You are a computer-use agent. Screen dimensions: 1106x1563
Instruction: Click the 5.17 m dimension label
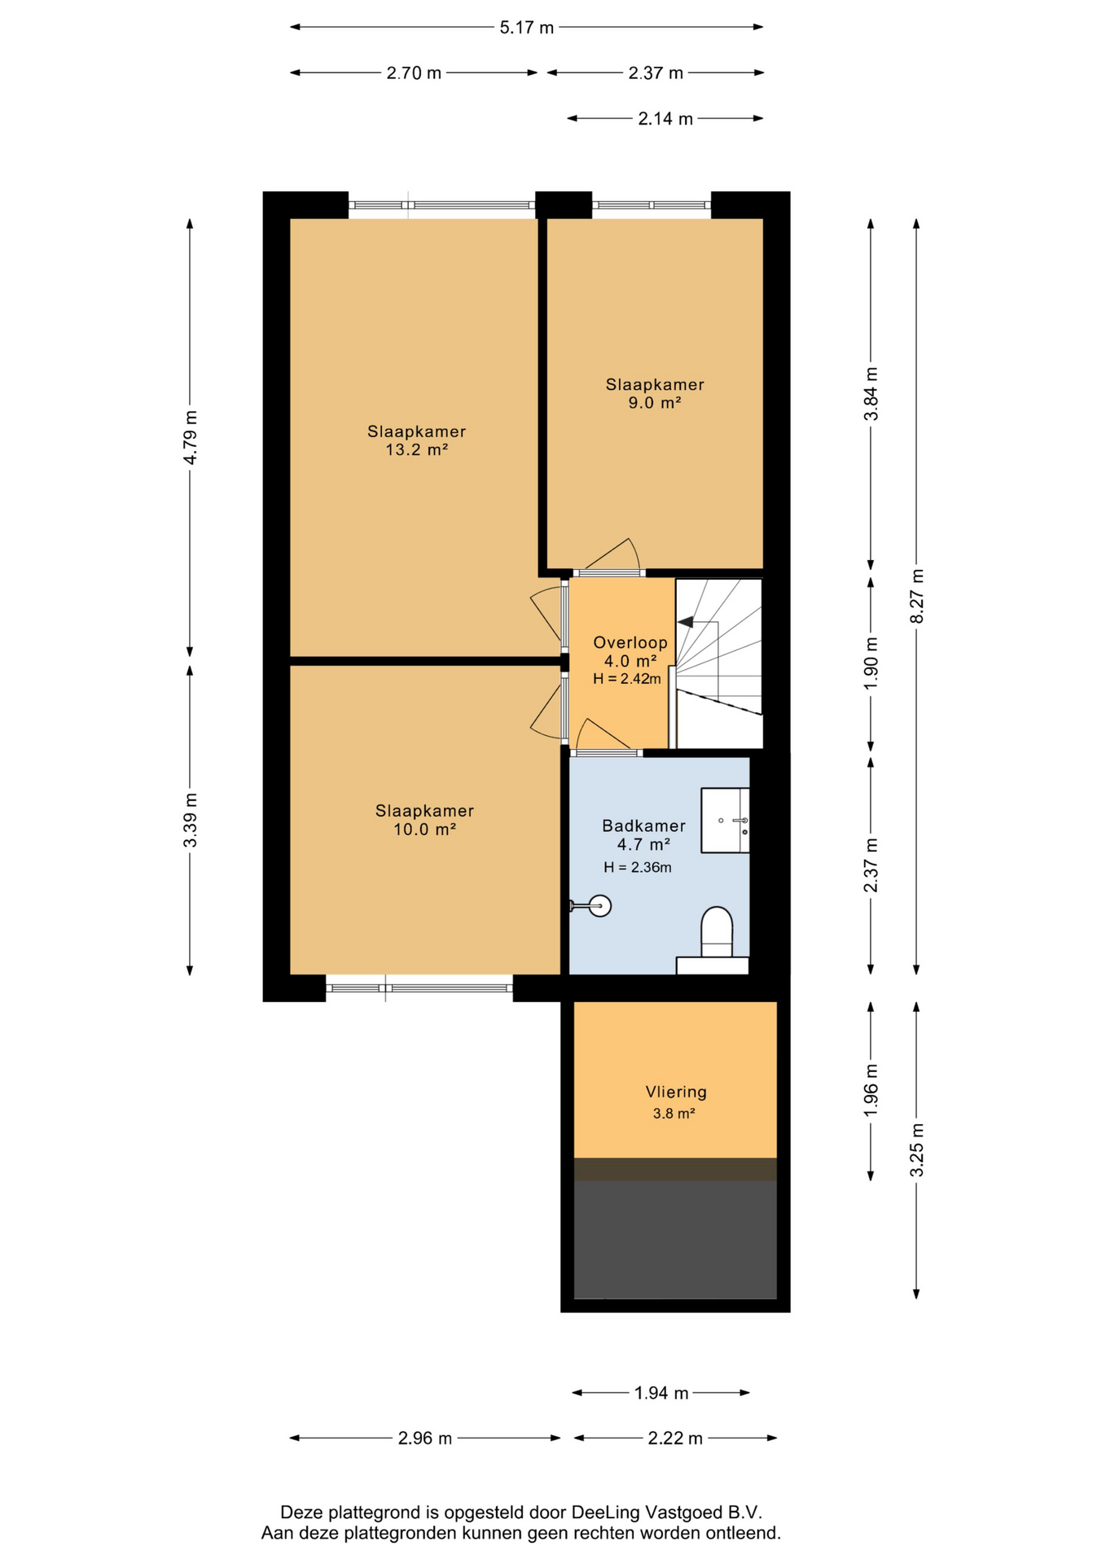coord(526,28)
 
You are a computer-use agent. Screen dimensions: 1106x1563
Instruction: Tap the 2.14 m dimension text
coord(665,119)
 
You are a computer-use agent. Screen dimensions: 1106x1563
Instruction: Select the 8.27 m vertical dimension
coord(916,597)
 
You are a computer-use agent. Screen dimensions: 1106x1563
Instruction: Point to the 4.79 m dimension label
coord(190,437)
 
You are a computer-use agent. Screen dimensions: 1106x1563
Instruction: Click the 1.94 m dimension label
coord(661,1393)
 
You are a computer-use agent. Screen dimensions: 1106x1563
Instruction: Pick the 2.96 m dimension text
coord(424,1438)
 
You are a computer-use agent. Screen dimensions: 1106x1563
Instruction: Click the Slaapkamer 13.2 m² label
coord(416,440)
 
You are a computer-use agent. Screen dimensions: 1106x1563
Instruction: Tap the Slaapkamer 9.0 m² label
coord(655,393)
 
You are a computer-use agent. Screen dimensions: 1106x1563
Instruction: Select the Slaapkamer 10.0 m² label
coord(424,820)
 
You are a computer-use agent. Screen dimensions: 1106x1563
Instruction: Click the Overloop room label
coord(630,642)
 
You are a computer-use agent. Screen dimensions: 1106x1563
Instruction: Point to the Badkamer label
coord(643,825)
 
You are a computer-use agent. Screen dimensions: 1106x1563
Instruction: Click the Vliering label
coord(676,1092)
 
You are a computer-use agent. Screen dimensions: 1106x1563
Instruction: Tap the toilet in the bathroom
coord(717,932)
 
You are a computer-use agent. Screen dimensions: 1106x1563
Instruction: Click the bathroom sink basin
coord(725,820)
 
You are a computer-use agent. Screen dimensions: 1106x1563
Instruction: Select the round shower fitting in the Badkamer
coord(600,905)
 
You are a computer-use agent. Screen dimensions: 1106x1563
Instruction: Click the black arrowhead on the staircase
coord(686,622)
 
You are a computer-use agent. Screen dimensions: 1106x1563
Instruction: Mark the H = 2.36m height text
coord(638,868)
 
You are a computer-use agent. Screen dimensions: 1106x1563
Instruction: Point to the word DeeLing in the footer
coord(605,1513)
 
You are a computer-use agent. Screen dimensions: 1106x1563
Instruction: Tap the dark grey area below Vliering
coord(675,1239)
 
